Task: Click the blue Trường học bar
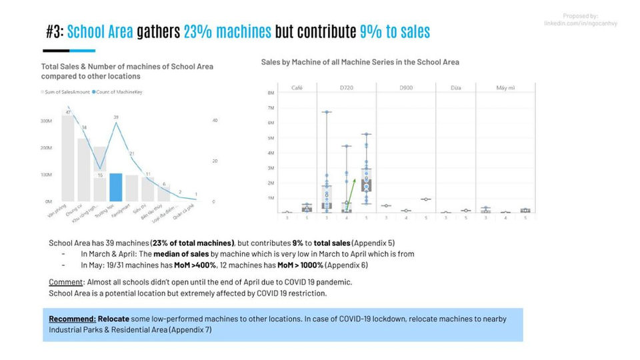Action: point(116,187)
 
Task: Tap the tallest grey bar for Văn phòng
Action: point(68,158)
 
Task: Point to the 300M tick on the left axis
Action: point(46,121)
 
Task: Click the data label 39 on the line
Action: point(116,117)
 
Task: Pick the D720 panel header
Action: point(346,87)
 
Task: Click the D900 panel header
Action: point(405,87)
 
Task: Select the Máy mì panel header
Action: point(505,87)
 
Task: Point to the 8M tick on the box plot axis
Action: point(271,93)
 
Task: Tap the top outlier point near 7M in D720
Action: point(327,111)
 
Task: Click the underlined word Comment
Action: point(65,283)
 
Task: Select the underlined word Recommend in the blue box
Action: point(67,319)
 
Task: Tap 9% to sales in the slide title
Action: point(395,31)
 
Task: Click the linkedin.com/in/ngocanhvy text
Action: point(581,23)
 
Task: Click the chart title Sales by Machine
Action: point(360,62)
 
